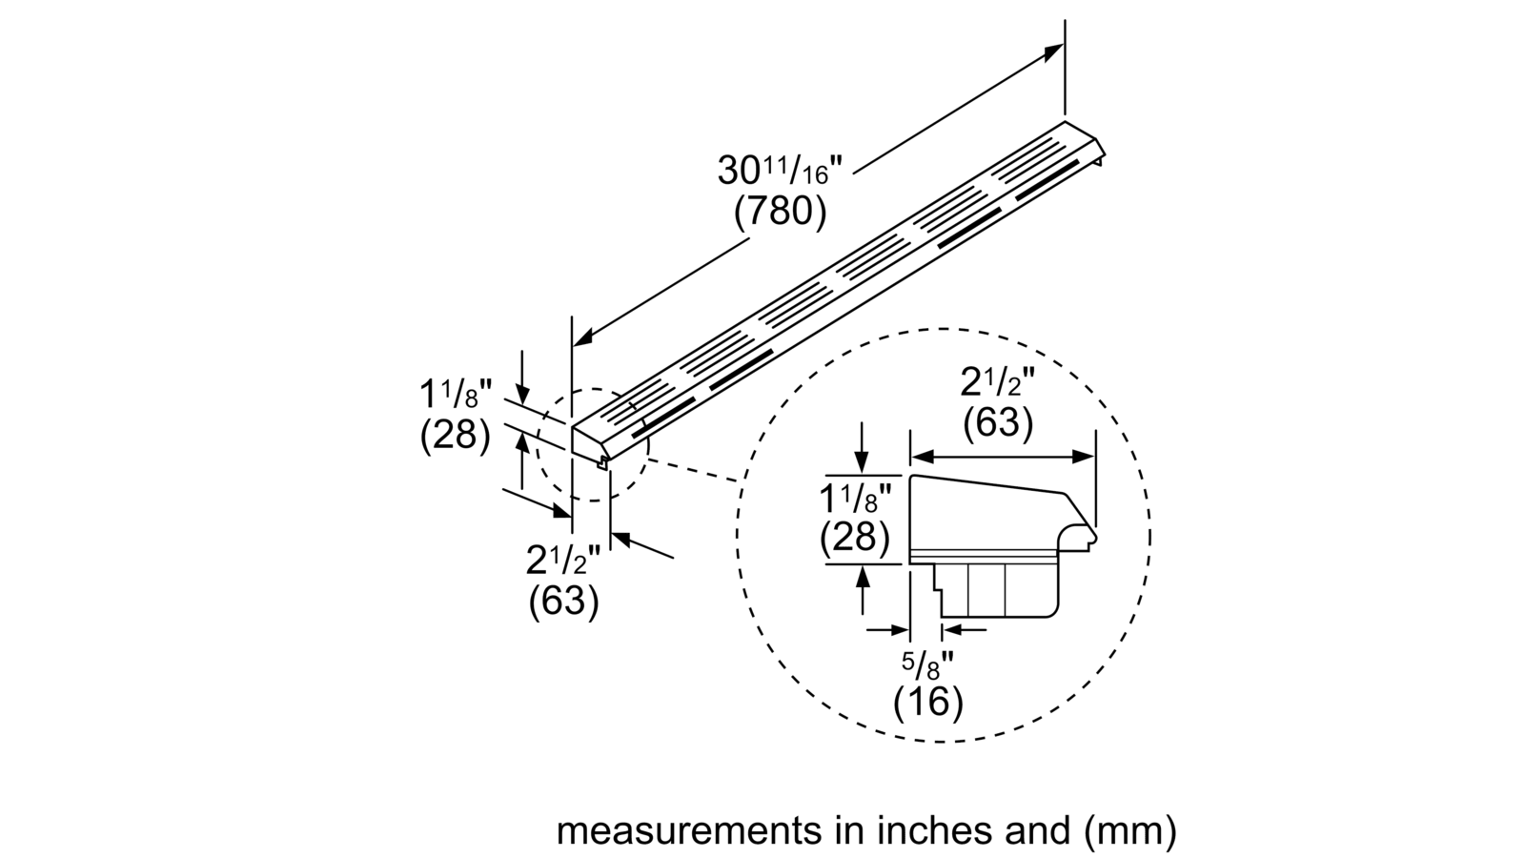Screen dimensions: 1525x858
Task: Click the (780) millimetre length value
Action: click(781, 211)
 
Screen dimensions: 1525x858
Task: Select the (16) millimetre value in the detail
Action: click(928, 702)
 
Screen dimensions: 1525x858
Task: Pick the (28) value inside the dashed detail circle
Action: click(855, 538)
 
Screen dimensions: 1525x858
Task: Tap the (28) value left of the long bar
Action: click(455, 434)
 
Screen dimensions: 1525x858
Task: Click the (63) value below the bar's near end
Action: click(564, 602)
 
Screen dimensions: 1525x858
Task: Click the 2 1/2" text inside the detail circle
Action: click(998, 381)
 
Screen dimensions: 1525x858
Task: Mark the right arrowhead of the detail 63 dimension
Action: click(1084, 457)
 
